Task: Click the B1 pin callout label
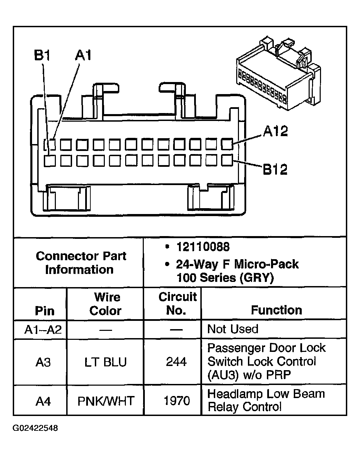tap(42, 55)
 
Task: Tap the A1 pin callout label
tap(83, 55)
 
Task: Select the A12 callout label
tap(275, 131)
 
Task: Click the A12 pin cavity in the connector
tap(227, 144)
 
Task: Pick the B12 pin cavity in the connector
tap(227, 160)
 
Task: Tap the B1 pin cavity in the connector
tap(50, 160)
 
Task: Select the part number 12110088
tap(203, 247)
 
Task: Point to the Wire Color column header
tap(106, 304)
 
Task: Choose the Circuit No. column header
tap(177, 304)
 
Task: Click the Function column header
tap(276, 310)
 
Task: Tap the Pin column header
tap(45, 311)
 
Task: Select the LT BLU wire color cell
tap(106, 362)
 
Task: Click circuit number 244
tap(176, 362)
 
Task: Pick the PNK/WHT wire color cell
tap(106, 401)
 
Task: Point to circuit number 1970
tap(177, 401)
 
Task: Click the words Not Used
tap(233, 329)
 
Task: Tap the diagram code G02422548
tap(35, 428)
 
